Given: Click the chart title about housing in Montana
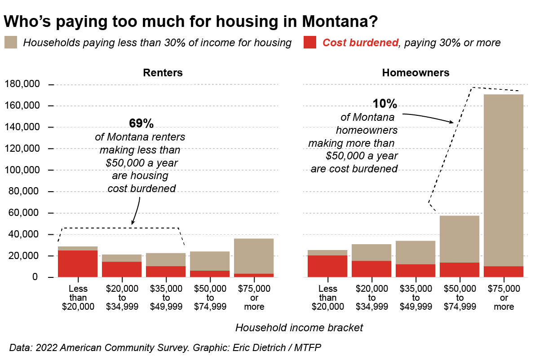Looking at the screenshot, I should point(191,21).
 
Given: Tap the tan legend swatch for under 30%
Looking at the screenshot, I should point(11,43).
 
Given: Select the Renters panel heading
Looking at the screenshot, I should point(163,73).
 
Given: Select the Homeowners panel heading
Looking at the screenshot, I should point(415,73).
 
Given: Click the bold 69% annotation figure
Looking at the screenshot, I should point(141,123).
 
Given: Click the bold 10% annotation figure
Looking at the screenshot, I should point(385,104).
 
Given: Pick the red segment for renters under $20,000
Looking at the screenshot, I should point(78,263).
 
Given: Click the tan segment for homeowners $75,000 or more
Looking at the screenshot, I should point(504,180).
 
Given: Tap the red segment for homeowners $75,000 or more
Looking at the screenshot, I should point(504,272).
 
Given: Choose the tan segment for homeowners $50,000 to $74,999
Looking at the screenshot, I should point(459,239).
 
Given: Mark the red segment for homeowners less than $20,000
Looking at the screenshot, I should point(327,266).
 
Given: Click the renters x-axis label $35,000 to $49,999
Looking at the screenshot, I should point(166,298).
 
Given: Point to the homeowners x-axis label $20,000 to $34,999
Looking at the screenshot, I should point(371,298).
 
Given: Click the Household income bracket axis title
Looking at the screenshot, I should point(299,328).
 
